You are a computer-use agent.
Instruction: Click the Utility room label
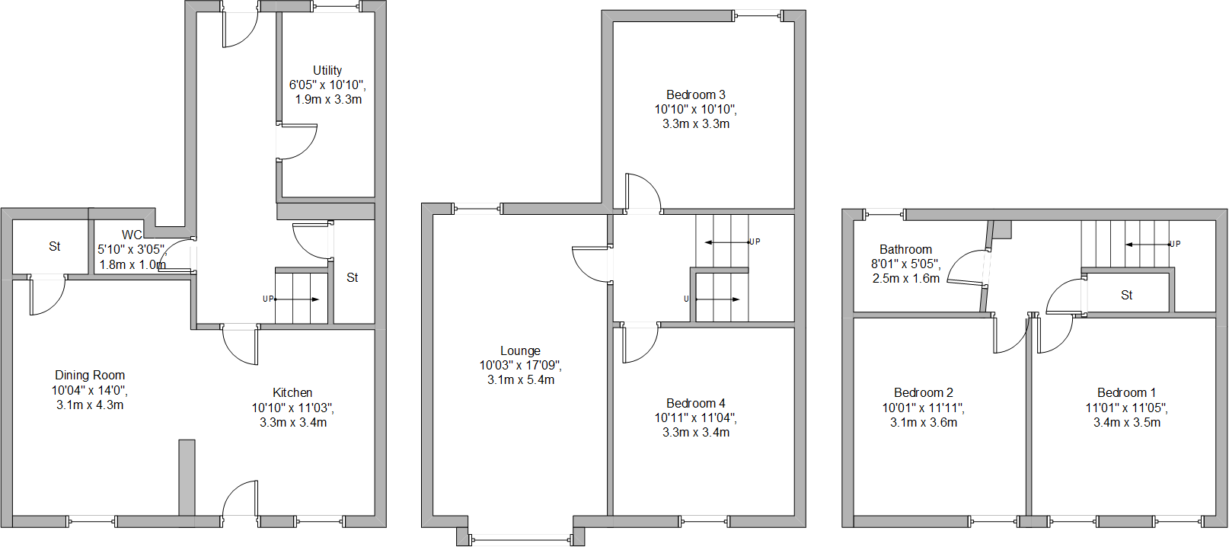(327, 70)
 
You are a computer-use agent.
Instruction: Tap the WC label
(132, 235)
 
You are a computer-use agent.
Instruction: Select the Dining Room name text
(90, 375)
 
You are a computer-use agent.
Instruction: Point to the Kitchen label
(292, 392)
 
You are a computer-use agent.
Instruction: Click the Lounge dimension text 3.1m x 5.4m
(521, 379)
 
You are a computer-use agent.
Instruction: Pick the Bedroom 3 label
(695, 94)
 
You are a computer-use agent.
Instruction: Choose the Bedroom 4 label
(695, 403)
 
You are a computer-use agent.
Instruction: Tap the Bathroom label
(905, 249)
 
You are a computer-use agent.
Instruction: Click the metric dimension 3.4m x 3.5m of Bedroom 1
(1127, 422)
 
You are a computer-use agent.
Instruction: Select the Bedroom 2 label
(923, 392)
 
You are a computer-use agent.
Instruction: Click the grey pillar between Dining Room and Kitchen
(187, 478)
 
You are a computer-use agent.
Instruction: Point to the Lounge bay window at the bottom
(521, 540)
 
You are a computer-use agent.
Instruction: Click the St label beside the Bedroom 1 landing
(1126, 295)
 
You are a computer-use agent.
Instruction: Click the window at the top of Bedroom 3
(758, 14)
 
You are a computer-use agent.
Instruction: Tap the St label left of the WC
(54, 246)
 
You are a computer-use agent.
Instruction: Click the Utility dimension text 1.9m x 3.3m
(328, 99)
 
